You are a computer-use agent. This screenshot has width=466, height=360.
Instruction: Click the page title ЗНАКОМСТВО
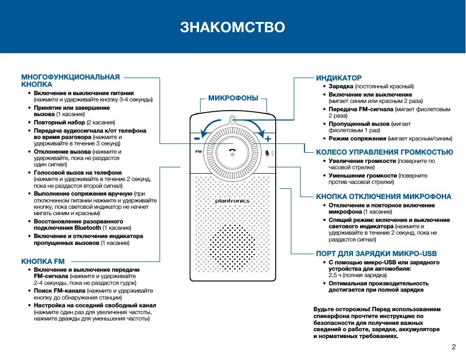(x=232, y=27)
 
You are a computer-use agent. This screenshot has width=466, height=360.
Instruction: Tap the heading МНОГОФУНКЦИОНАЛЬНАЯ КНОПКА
(x=70, y=80)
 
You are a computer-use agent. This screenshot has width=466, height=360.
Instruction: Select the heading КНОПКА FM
(x=43, y=261)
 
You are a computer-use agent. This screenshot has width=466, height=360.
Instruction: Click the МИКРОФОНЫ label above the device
(x=233, y=98)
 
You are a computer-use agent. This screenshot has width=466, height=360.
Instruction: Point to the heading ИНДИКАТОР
(x=339, y=78)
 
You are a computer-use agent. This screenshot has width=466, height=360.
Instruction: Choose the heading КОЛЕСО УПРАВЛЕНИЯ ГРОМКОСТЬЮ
(x=384, y=152)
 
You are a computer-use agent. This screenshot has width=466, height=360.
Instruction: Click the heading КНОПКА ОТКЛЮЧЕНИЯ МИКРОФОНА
(x=384, y=197)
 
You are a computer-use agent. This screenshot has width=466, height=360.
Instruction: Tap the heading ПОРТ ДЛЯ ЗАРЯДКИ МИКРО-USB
(x=376, y=254)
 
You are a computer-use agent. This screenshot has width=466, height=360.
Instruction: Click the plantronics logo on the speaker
(x=232, y=201)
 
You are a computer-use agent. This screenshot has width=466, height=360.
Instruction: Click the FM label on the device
(x=198, y=153)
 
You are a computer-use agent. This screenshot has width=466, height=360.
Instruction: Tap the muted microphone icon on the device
(x=267, y=153)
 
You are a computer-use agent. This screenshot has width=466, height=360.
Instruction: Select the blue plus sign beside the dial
(x=268, y=139)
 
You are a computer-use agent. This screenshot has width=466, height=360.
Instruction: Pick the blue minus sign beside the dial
(x=197, y=139)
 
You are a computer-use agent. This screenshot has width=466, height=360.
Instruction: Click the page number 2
(x=453, y=347)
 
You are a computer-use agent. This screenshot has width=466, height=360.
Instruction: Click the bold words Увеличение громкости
(x=362, y=161)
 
